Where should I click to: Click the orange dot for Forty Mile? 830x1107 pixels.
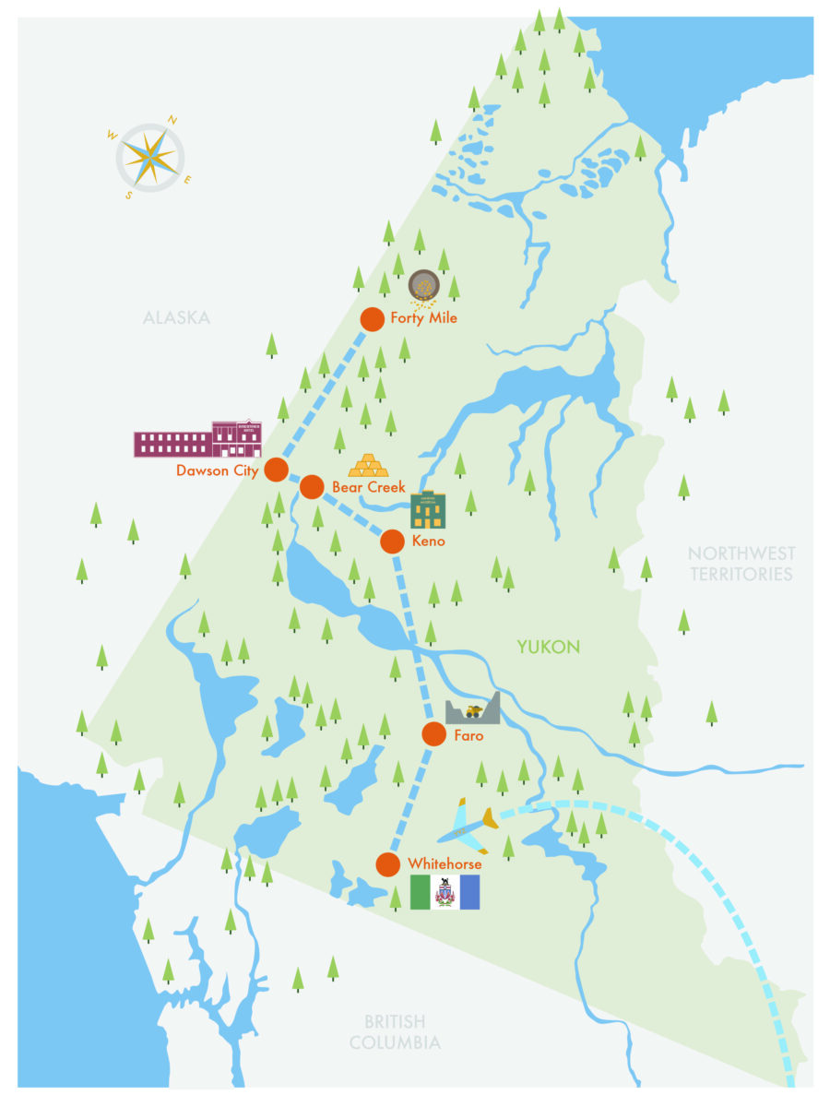coord(372,319)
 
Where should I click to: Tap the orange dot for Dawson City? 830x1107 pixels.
coord(276,470)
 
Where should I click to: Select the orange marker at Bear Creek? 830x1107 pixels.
coord(312,486)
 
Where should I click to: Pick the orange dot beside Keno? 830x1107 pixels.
coord(393,542)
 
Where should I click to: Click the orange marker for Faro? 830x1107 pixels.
coord(433,734)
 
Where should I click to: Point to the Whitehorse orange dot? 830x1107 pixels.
coord(389,864)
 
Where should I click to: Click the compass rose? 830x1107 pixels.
coord(149,158)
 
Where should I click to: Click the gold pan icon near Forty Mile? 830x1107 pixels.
coord(423,285)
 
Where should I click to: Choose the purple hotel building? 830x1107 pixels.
coord(197,440)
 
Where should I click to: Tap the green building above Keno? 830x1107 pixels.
coord(428,510)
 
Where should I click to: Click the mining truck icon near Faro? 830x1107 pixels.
coord(473,710)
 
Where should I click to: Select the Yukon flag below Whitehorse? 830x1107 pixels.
coord(445,892)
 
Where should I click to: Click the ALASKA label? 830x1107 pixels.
coord(176,318)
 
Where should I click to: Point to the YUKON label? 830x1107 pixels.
coord(548,648)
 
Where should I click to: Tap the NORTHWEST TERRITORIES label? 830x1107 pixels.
coord(741,564)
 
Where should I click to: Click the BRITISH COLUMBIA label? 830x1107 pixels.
coord(394,1032)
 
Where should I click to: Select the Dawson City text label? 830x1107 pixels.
coord(217,470)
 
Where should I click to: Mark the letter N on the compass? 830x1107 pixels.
coord(172,120)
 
